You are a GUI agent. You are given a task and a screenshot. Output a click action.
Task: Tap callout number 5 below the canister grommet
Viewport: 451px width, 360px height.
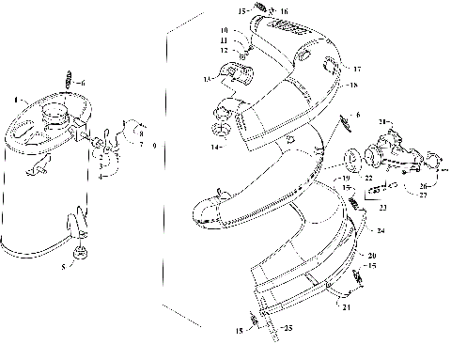click(x=64, y=267)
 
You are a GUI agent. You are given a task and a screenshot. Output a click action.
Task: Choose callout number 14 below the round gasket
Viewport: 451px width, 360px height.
click(x=213, y=148)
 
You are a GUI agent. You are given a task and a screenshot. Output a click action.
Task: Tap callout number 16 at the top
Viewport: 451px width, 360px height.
click(x=257, y=11)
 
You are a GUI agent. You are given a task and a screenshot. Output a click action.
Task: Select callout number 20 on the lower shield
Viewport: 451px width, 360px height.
click(x=373, y=257)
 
